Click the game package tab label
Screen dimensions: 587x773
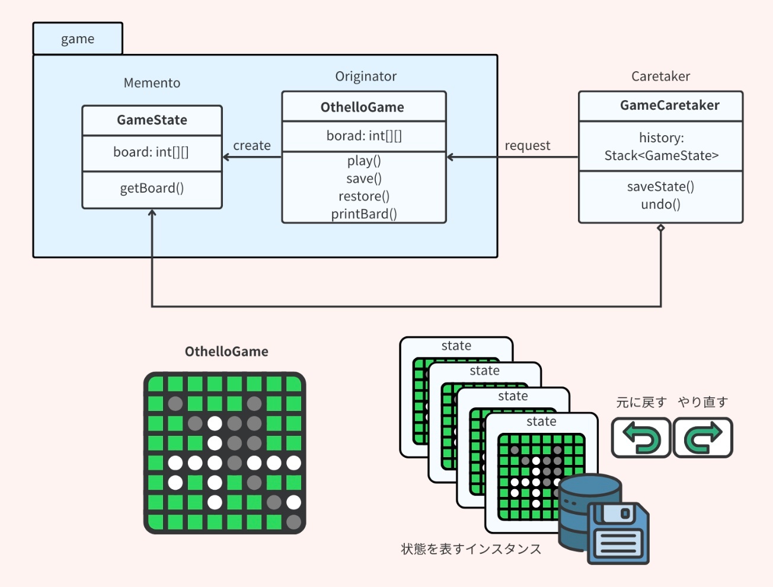tap(78, 39)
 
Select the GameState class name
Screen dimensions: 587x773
tap(152, 120)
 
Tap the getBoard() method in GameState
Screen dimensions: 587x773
tap(152, 189)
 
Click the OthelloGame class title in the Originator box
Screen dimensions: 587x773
tap(362, 107)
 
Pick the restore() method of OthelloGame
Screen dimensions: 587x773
tap(364, 196)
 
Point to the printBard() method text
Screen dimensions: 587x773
tap(364, 214)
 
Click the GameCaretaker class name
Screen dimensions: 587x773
tap(669, 106)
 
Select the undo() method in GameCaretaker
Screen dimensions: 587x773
tap(660, 205)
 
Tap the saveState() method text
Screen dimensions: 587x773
tap(660, 187)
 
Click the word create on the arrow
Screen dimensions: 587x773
tap(252, 146)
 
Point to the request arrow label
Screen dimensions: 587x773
tap(528, 146)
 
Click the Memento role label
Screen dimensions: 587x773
tap(152, 83)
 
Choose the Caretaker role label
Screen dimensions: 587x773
tap(660, 76)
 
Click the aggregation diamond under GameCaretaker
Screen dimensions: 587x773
tap(661, 228)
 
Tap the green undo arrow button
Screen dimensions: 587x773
tap(641, 438)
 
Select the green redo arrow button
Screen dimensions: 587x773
tap(703, 438)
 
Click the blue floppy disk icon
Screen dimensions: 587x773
tap(618, 533)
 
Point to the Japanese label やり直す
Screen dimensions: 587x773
tap(703, 403)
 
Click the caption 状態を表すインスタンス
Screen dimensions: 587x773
tap(471, 549)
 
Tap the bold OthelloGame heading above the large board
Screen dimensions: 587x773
tap(226, 352)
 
